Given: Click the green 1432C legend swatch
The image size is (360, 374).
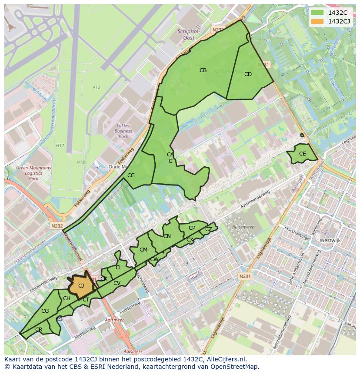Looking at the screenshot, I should point(317,12).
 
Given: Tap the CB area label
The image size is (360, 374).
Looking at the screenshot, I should point(203,70).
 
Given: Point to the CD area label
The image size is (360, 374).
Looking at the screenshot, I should point(248,74).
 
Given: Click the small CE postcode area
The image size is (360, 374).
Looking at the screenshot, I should point(302,154).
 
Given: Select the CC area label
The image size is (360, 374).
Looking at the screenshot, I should point(131,175).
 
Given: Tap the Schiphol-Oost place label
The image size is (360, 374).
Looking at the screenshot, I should point(189,34).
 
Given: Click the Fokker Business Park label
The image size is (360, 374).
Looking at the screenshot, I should point(123,131).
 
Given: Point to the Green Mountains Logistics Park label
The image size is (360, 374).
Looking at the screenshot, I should point(33,173).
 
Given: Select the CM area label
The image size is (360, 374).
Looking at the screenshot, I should point(143,250).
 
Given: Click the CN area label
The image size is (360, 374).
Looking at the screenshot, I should point(167,236).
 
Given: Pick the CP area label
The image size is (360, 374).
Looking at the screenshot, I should point(192,228).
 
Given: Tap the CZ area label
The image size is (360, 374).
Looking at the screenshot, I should point(209,229).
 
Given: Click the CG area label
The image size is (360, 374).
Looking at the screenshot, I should point(45,311).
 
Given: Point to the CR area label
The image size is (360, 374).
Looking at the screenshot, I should point(39,330).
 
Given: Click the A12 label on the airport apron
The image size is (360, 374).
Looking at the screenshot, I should point(96,87).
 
